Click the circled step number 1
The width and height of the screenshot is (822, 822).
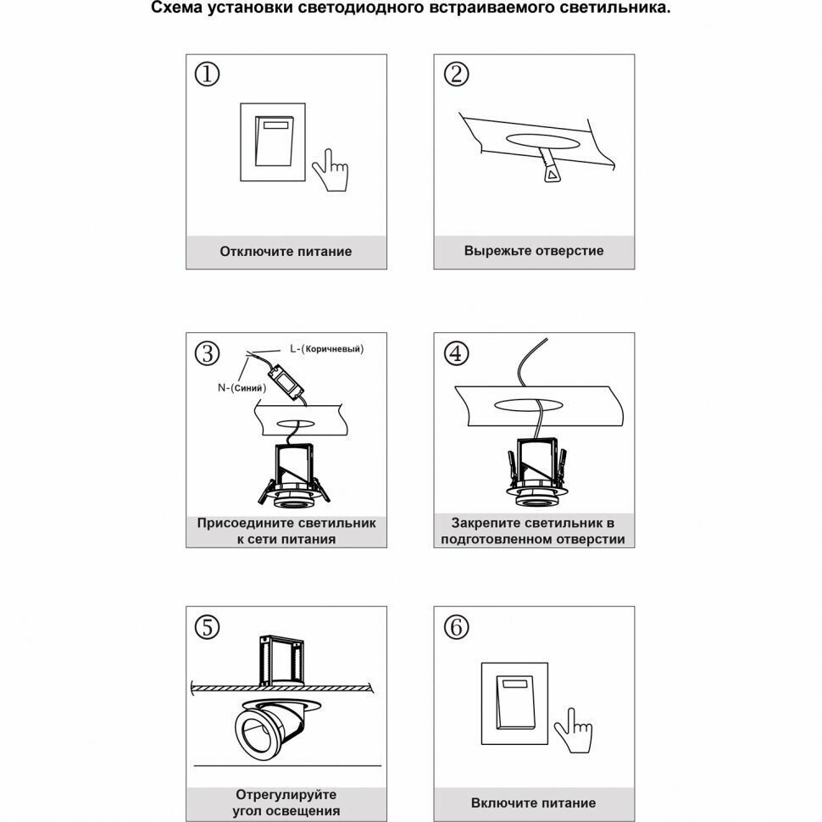(207, 75)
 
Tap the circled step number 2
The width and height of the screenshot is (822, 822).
(456, 75)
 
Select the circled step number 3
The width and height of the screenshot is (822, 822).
(207, 353)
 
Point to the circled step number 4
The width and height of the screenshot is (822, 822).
(456, 353)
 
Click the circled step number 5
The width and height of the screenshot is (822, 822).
(207, 628)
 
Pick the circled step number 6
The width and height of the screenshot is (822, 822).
(456, 628)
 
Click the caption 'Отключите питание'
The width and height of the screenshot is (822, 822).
(286, 252)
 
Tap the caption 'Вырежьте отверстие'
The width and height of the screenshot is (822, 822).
(534, 251)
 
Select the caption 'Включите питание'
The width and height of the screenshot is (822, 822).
(534, 803)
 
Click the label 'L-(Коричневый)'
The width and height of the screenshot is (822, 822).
(326, 348)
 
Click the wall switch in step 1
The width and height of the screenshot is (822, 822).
(273, 142)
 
